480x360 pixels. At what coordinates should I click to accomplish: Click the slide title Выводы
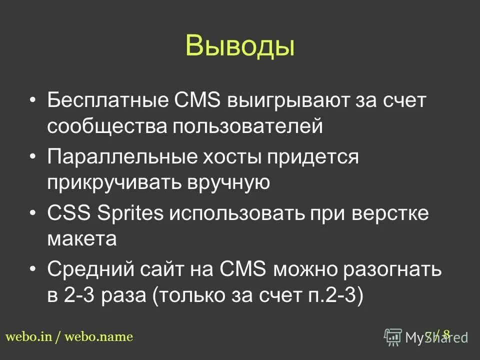pos(239,45)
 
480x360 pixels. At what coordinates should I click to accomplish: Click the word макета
pos(82,240)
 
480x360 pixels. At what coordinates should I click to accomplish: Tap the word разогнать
pos(394,270)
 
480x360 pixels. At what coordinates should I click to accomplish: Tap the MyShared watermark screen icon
pos(393,337)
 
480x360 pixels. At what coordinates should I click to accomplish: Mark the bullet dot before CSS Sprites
pos(33,213)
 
